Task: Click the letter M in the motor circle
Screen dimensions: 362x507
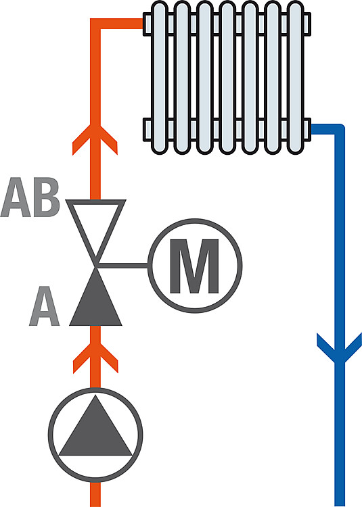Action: [x=194, y=266]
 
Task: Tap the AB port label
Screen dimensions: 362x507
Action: [x=30, y=197]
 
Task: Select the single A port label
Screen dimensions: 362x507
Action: [x=45, y=306]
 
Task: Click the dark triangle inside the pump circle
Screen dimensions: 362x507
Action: [x=96, y=426]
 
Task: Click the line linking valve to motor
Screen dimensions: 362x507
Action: [x=123, y=266]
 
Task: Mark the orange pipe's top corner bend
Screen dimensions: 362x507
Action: [x=95, y=24]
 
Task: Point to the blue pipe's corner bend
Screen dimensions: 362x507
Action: [x=339, y=129]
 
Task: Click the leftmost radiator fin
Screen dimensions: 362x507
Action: [x=160, y=78]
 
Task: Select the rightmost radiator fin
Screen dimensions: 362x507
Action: [x=295, y=78]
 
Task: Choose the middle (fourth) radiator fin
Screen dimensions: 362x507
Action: [x=227, y=78]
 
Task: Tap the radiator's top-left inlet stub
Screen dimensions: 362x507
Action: [x=148, y=24]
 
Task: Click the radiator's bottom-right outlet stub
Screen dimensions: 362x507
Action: [x=307, y=130]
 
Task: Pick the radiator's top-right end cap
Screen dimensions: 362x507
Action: [x=307, y=24]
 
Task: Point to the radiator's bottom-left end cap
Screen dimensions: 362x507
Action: [x=148, y=130]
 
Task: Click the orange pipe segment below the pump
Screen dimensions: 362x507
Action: [x=95, y=493]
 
